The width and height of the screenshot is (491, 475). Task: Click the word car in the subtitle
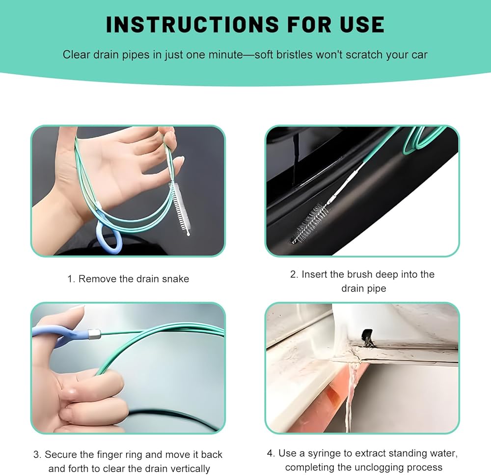click(420, 55)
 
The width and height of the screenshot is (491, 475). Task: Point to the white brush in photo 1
click(180, 208)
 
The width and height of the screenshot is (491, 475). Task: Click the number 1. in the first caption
click(71, 279)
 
